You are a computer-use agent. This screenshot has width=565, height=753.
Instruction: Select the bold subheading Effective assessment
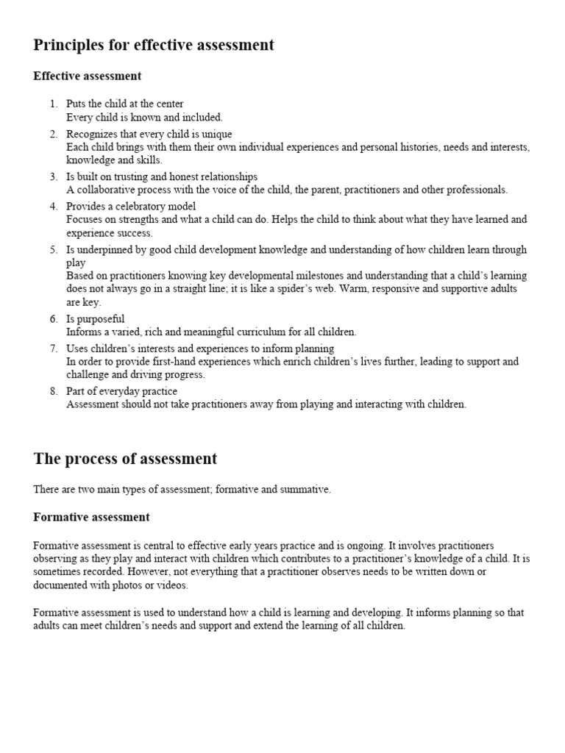[88, 76]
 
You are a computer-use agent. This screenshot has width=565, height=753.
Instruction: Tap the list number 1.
[53, 104]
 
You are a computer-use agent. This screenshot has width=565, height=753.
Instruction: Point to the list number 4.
[53, 206]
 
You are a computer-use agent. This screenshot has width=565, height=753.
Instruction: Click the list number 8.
[53, 391]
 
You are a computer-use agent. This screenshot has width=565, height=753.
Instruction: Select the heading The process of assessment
[125, 459]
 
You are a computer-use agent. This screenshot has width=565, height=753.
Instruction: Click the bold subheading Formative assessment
[91, 517]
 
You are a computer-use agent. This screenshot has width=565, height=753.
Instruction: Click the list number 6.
[53, 319]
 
